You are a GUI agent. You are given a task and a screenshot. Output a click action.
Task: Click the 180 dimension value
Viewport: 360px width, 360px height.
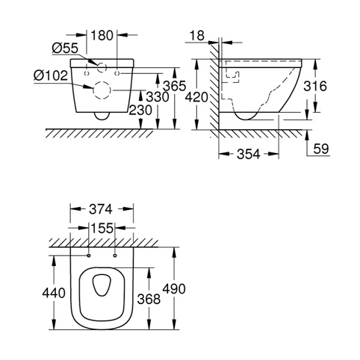102,35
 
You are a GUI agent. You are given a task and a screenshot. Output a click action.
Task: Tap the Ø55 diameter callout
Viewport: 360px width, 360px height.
65,48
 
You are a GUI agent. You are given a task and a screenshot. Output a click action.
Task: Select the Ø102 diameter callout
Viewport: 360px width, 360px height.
51,75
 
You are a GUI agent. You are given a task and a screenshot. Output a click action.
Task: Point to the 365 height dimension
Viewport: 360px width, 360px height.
174,86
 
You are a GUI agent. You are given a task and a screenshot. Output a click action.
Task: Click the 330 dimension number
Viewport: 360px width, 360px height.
158,97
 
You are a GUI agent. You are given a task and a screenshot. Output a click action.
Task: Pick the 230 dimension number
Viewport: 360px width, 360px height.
140,110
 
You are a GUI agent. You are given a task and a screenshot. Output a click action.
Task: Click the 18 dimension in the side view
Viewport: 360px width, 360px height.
197,36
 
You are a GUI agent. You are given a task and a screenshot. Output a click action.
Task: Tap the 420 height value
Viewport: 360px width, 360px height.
196,97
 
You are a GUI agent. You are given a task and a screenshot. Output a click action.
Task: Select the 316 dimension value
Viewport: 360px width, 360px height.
315,87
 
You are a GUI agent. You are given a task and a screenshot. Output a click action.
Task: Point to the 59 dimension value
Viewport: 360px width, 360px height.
321,149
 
